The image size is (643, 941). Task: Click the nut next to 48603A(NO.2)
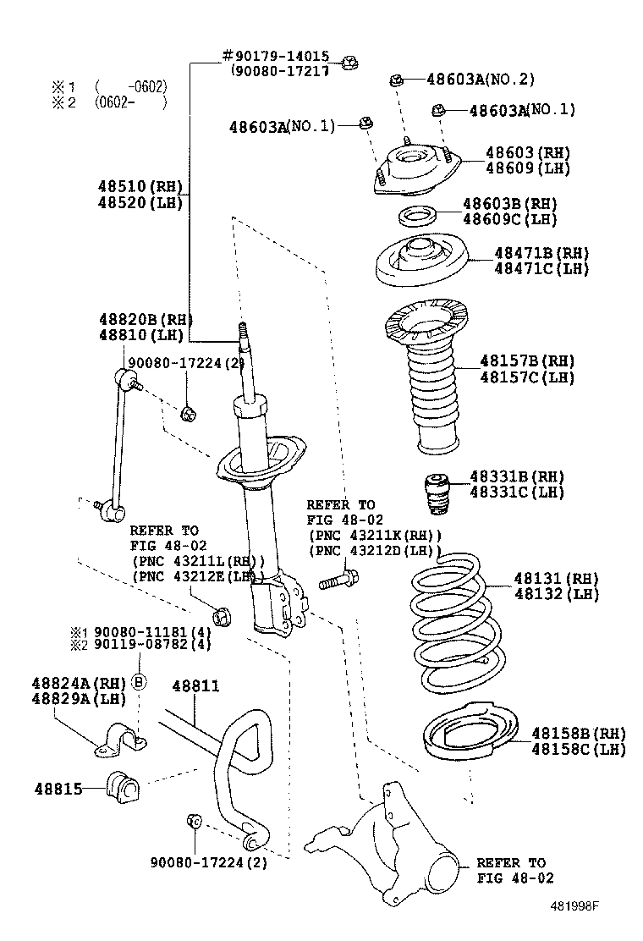[396, 80]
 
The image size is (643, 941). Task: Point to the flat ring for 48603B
[416, 215]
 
